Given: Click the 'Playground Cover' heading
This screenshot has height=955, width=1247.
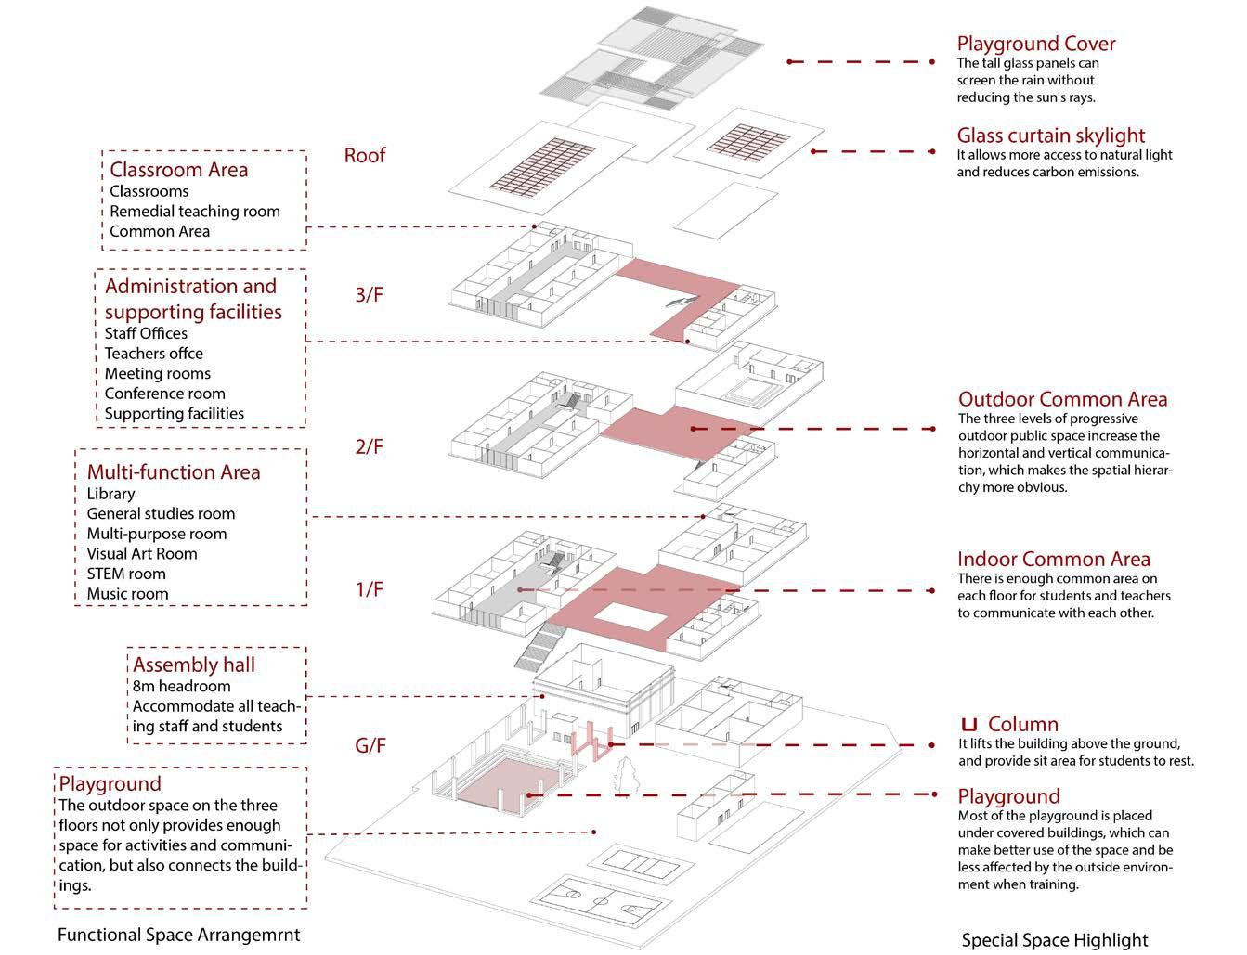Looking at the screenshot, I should [x=1035, y=44].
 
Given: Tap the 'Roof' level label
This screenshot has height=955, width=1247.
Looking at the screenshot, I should [x=364, y=155].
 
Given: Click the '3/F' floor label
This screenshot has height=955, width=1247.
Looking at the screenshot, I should [x=368, y=295].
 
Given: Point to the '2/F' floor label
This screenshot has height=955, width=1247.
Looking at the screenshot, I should [x=368, y=446].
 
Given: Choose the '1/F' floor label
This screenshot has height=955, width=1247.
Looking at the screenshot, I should [x=369, y=589].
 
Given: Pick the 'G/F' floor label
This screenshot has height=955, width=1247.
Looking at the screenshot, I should [x=370, y=745].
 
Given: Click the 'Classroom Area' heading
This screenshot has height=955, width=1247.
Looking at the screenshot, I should [x=178, y=170].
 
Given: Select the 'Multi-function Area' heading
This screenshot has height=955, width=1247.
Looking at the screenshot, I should [x=173, y=472].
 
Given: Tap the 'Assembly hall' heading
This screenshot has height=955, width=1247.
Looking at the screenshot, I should [x=193, y=665].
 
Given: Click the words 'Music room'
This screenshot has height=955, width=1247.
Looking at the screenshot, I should [x=127, y=594].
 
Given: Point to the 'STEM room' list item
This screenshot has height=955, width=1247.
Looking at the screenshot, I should [x=125, y=574].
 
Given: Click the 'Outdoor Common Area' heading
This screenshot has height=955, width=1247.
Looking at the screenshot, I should [x=1062, y=400].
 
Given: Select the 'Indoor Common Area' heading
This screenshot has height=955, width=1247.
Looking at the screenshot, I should [x=1053, y=560].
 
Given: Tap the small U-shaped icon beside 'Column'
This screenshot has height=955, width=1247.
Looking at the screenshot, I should [x=969, y=724].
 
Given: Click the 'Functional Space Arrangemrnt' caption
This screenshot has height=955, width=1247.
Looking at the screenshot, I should [x=178, y=935].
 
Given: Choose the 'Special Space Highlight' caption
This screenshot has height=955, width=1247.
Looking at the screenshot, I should [x=1054, y=940].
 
